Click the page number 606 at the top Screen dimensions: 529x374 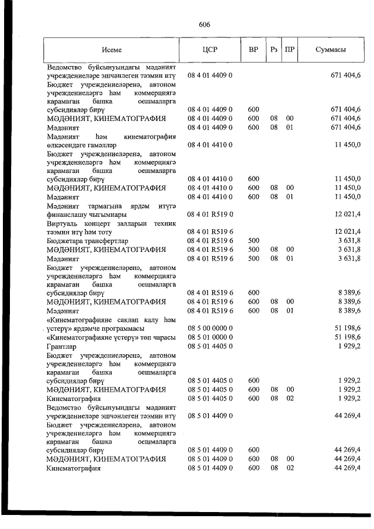tap(204, 25)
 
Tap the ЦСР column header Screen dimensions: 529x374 tap(210, 50)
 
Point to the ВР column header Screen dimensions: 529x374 tap(254, 50)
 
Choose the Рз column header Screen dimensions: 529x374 tap(273, 50)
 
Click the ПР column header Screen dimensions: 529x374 tap(289, 50)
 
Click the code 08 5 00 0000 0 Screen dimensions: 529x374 tap(210, 328)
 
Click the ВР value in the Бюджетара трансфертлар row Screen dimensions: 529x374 tap(253, 241)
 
